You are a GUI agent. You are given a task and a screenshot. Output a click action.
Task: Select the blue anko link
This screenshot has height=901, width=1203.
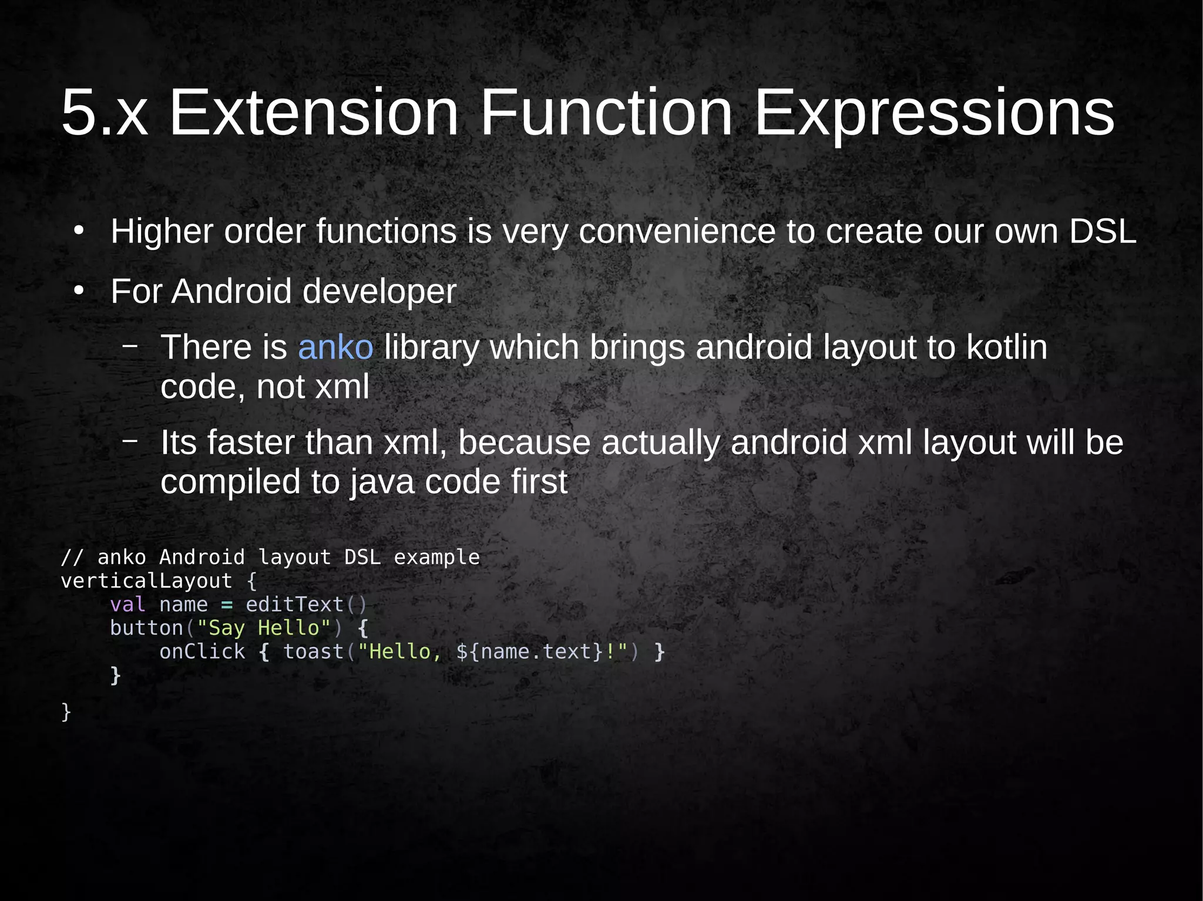point(335,347)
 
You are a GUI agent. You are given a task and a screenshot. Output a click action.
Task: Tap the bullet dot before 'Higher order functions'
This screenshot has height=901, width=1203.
point(79,231)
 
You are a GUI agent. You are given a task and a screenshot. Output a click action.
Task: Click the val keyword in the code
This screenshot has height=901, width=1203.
point(127,605)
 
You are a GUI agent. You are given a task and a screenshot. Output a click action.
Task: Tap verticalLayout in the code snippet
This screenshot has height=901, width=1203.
point(146,581)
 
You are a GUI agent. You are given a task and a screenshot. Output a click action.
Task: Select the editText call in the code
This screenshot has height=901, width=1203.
point(294,605)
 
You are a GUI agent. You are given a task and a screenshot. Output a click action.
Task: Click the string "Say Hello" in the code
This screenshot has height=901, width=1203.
point(264,628)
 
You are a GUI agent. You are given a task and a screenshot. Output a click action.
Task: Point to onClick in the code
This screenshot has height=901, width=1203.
point(202,652)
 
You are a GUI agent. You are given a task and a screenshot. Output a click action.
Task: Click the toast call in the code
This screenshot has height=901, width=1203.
point(313,652)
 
